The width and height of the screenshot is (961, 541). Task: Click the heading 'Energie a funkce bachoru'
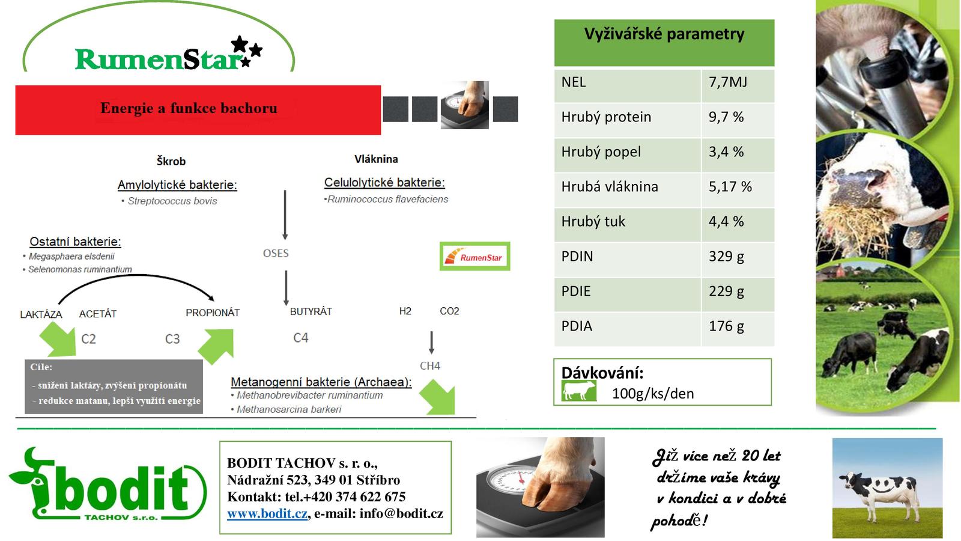189,108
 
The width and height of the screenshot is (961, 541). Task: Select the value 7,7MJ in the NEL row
727,82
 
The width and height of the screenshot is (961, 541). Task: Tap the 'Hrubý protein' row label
606,117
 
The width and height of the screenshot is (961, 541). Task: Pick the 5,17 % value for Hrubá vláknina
730,186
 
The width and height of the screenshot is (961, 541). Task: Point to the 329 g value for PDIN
726,256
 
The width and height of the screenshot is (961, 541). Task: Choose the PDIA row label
577,326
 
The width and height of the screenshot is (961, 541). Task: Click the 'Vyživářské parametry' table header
664,34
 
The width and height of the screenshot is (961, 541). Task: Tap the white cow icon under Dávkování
579,391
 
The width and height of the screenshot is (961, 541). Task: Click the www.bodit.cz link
267,513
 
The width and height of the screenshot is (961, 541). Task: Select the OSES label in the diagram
276,253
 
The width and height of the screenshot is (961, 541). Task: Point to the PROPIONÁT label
213,313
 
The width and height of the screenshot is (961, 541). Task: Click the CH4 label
430,366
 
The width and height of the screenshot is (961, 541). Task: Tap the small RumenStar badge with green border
475,256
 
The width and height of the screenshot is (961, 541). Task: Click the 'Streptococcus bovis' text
172,201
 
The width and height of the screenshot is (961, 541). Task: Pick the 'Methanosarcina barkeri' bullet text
289,409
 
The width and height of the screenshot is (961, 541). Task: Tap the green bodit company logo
108,484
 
